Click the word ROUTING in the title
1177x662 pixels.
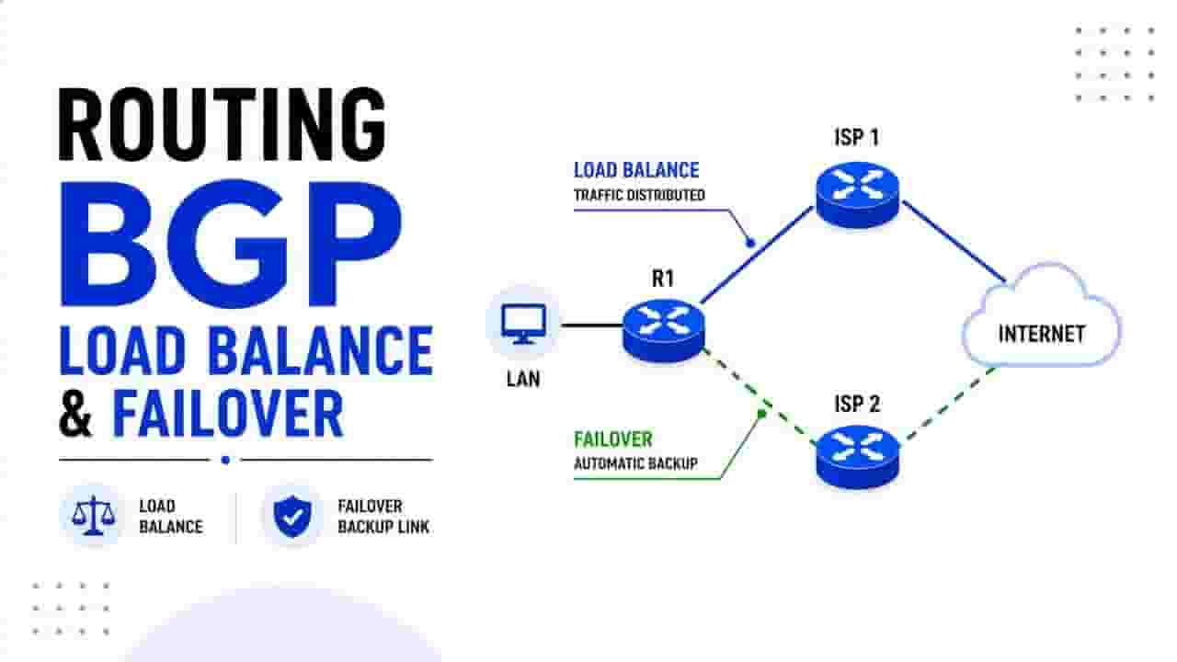tap(223, 124)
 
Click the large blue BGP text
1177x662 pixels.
tap(231, 245)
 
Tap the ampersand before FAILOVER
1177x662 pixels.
tap(75, 413)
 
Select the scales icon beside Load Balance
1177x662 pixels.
tap(93, 516)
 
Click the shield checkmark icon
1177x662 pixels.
tap(292, 516)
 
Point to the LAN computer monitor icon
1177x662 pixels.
tap(523, 324)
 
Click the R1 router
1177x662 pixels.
tap(664, 330)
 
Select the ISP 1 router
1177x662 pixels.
tap(858, 194)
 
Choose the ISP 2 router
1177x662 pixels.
tap(858, 457)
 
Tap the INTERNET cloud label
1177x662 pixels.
tap(1042, 334)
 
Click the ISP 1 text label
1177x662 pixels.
tap(856, 137)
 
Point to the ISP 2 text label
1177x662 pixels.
tap(857, 404)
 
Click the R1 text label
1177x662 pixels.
tap(663, 279)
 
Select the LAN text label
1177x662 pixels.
tap(523, 379)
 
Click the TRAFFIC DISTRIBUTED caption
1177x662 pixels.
tap(639, 195)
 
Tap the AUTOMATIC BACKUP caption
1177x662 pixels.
tap(635, 463)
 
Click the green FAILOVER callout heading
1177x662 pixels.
tap(613, 439)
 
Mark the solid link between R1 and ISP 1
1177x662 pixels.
tap(757, 256)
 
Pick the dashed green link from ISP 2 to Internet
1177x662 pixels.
tap(948, 405)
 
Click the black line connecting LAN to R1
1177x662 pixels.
tap(592, 325)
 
